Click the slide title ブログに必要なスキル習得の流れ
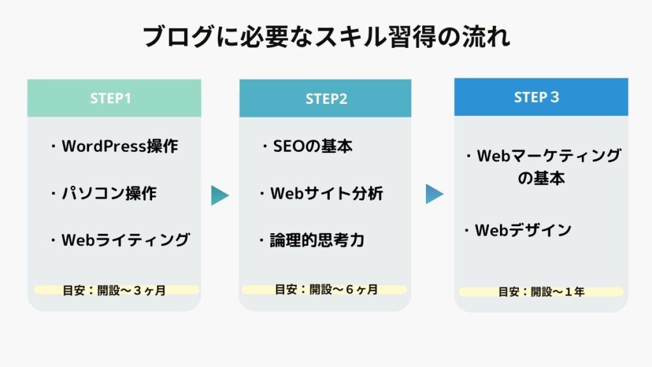point(327,36)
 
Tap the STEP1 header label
point(111,98)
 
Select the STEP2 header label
point(327,99)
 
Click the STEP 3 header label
point(536,97)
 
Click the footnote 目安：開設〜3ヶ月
point(114,290)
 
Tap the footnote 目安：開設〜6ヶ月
point(327,289)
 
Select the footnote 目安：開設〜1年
point(541,292)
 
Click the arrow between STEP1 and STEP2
point(219,196)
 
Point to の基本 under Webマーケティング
point(541,178)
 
